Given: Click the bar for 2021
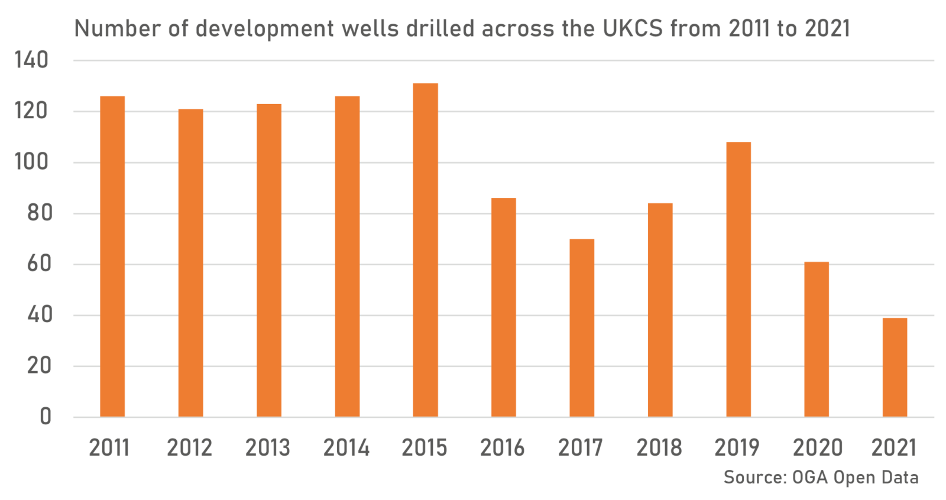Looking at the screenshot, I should pyautogui.click(x=895, y=368).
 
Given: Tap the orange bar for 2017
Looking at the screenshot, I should pyautogui.click(x=582, y=328).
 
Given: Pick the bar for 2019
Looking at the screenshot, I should pyautogui.click(x=738, y=280).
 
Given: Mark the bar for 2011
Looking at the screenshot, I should pyautogui.click(x=112, y=257).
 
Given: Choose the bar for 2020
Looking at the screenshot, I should pyautogui.click(x=817, y=339).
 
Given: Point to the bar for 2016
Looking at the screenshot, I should pyautogui.click(x=504, y=307).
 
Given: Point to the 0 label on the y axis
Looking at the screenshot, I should pyautogui.click(x=46, y=417).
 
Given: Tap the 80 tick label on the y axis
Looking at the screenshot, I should pyautogui.click(x=40, y=213).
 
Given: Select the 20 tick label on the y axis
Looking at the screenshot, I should pyautogui.click(x=40, y=366).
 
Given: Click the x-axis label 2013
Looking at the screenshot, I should pyautogui.click(x=268, y=448).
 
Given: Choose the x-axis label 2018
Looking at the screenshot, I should pyautogui.click(x=659, y=448).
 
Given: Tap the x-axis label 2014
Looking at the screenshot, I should pyautogui.click(x=346, y=448).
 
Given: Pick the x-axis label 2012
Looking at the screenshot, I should pyautogui.click(x=189, y=448).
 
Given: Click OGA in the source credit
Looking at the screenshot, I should pyautogui.click(x=809, y=478).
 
